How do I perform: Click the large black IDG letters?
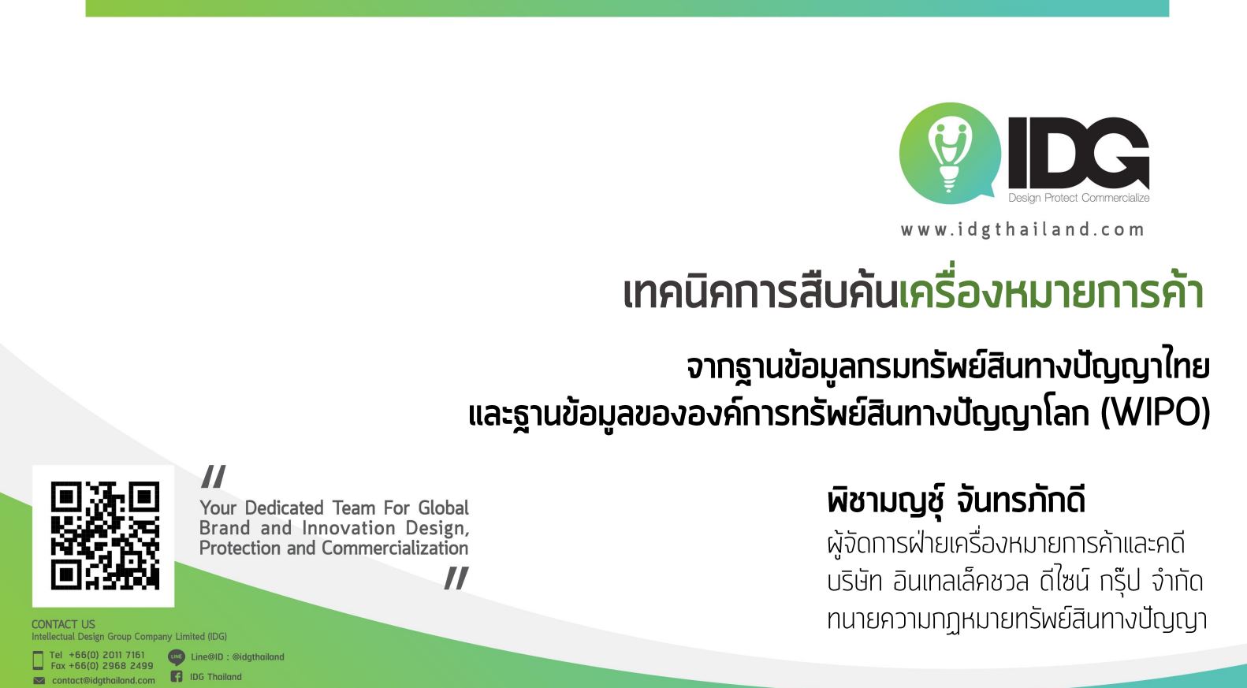click(1079, 153)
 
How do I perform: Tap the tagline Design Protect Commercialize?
click(1079, 198)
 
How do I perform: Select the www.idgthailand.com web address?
click(1022, 230)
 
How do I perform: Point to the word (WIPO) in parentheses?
click(1156, 414)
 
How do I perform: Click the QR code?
click(105, 535)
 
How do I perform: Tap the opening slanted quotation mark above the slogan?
click(214, 477)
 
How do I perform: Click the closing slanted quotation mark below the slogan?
click(456, 578)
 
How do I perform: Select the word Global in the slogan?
click(444, 508)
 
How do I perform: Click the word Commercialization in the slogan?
click(395, 549)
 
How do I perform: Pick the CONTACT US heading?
click(63, 624)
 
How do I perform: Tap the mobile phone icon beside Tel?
click(38, 660)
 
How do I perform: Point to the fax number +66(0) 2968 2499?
click(111, 666)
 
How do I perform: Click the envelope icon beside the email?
click(39, 681)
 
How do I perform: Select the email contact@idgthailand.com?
click(103, 681)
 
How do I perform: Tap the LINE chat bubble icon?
click(177, 657)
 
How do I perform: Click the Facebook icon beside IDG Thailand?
click(177, 677)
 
